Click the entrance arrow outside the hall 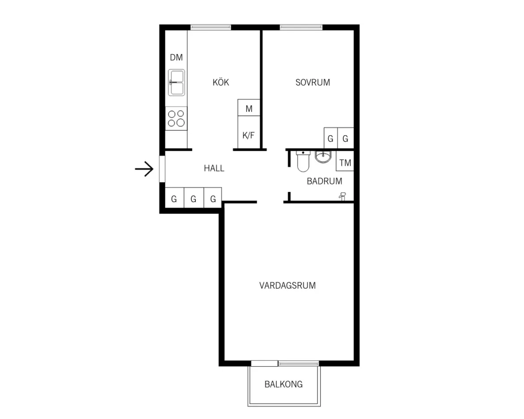pyautogui.click(x=144, y=169)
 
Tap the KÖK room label pyautogui.click(x=221, y=82)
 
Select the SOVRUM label pyautogui.click(x=313, y=82)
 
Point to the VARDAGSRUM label pyautogui.click(x=288, y=286)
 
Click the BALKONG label pyautogui.click(x=284, y=385)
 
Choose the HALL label pyautogui.click(x=214, y=168)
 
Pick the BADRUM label pyautogui.click(x=325, y=181)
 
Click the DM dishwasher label pyautogui.click(x=176, y=57)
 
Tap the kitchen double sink pyautogui.click(x=176, y=82)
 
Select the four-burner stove pyautogui.click(x=176, y=119)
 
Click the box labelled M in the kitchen pyautogui.click(x=249, y=107)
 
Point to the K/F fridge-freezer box pyautogui.click(x=249, y=132)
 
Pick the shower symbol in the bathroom pyautogui.click(x=343, y=196)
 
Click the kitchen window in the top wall pyautogui.click(x=210, y=27)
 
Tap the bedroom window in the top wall pyautogui.click(x=301, y=27)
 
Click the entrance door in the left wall pyautogui.click(x=162, y=169)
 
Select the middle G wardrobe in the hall pyautogui.click(x=194, y=198)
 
